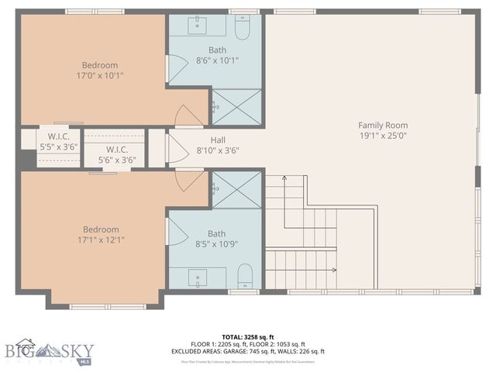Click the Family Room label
[382, 125]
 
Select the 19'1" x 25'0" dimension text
[382, 135]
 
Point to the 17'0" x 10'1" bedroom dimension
[100, 75]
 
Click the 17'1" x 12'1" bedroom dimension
[101, 239]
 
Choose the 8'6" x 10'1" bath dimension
[217, 60]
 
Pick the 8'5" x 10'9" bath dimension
[216, 244]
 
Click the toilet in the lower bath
[244, 275]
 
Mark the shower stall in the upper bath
[236, 107]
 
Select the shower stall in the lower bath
[236, 191]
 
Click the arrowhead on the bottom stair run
[333, 270]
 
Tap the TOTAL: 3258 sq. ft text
[247, 337]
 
